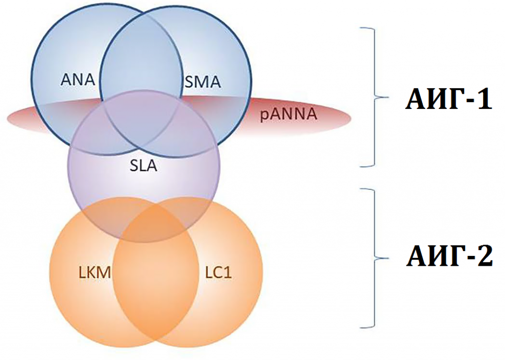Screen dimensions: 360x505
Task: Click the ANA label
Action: click(78, 79)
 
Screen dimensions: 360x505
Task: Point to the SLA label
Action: click(143, 166)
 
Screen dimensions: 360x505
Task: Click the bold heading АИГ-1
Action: click(448, 100)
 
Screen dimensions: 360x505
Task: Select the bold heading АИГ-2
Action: click(448, 256)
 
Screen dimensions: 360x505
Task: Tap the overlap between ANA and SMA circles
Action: click(140, 59)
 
